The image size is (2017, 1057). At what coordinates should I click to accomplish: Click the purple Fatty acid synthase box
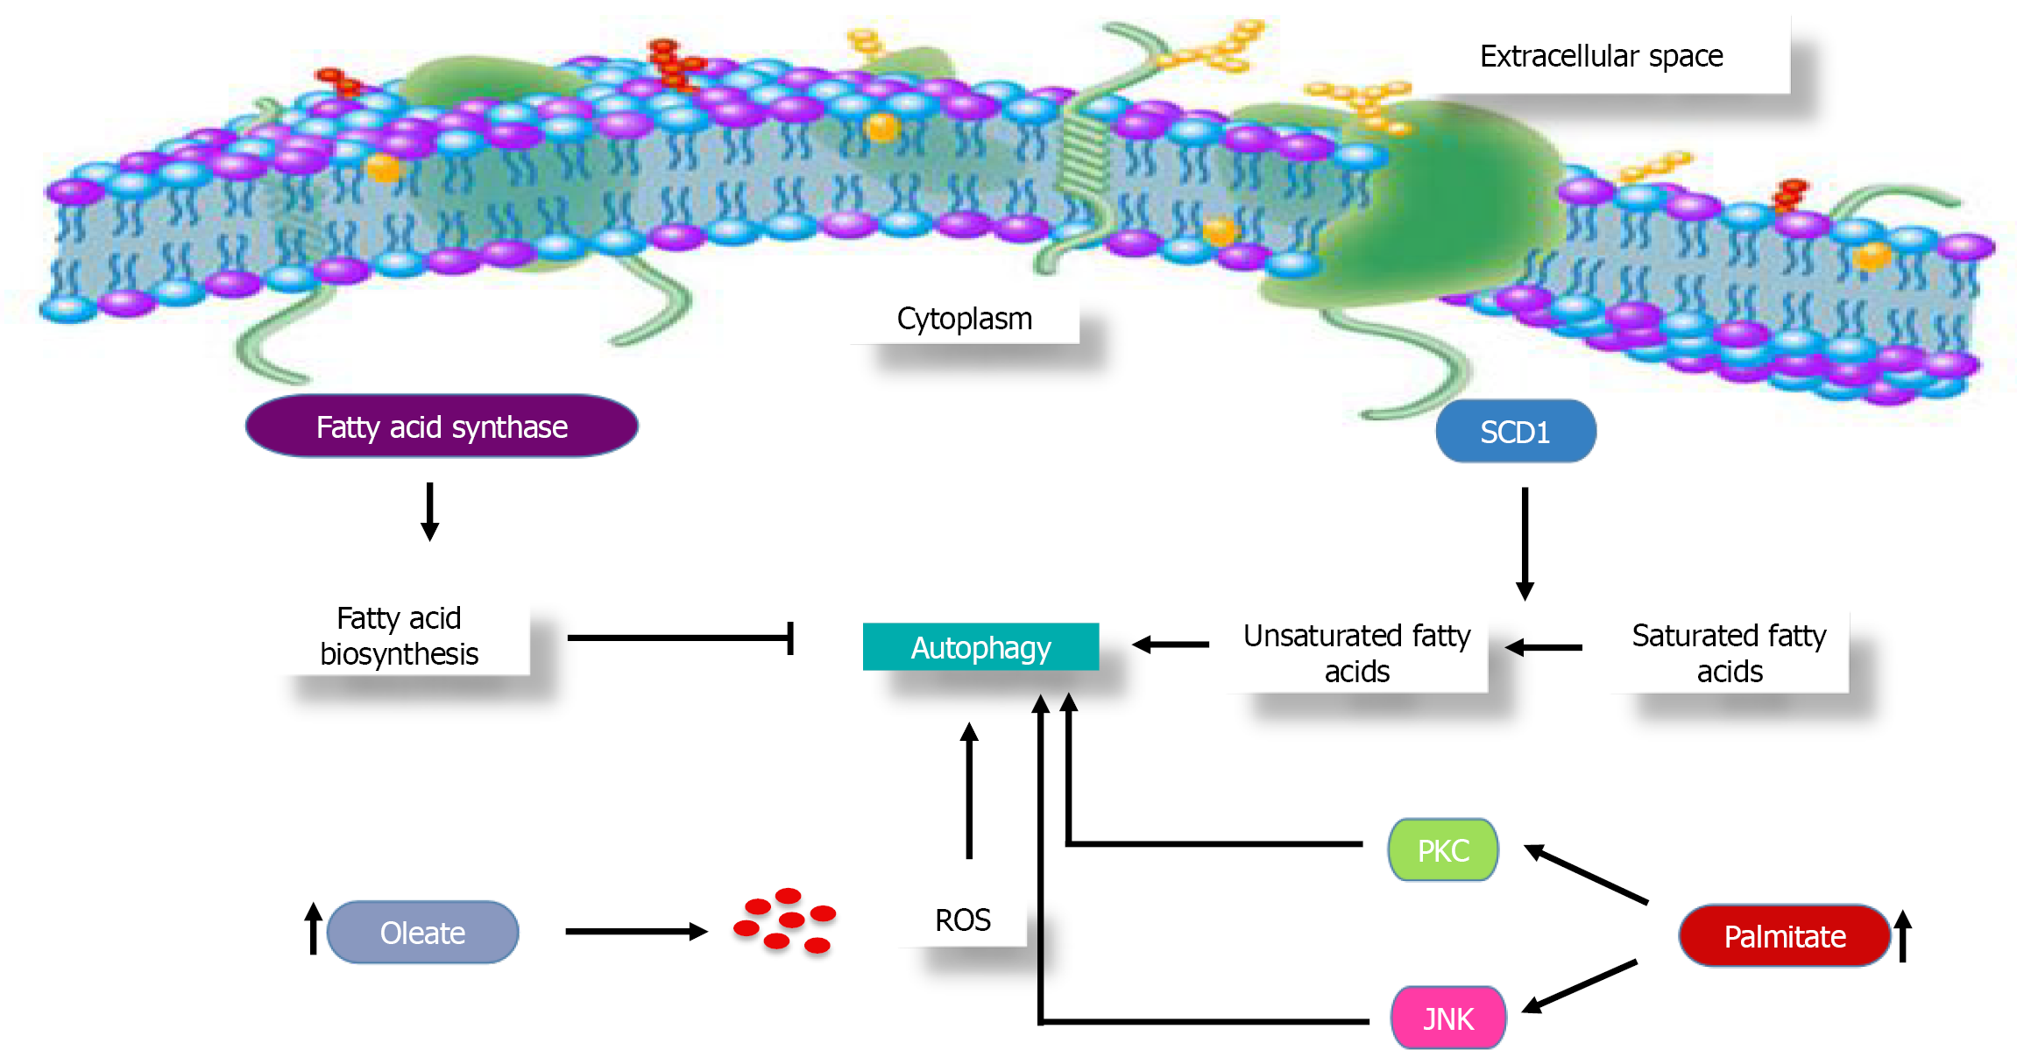(442, 426)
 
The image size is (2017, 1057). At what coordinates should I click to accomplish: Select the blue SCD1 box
(1515, 432)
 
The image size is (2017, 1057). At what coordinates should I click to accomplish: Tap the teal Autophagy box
(980, 647)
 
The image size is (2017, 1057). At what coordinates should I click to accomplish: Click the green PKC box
(1443, 850)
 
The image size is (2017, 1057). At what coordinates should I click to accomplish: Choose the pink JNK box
(1448, 1018)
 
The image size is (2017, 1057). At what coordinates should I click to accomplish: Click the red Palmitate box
(1784, 936)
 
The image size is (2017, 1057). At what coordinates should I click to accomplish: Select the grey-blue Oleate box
(422, 933)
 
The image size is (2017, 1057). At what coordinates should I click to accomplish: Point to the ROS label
(962, 920)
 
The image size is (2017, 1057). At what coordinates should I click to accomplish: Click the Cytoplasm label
(964, 319)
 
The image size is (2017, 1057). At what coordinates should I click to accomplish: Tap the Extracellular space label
(1601, 56)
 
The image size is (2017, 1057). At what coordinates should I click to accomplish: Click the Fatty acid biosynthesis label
(399, 637)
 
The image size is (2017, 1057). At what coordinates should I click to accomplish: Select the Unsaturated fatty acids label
(1356, 653)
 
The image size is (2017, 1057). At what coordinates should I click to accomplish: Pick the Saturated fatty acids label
(1729, 653)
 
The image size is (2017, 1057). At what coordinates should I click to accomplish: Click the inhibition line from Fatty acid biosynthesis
(679, 638)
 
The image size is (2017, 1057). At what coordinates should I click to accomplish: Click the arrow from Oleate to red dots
(635, 932)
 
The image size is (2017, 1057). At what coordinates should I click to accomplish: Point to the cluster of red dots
(785, 920)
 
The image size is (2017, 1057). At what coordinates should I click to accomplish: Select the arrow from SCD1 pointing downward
(1525, 543)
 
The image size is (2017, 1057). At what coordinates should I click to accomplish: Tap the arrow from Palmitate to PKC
(1586, 874)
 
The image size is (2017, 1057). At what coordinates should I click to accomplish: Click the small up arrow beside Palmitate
(1902, 936)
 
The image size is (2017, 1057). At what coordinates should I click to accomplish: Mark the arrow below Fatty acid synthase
(429, 511)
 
